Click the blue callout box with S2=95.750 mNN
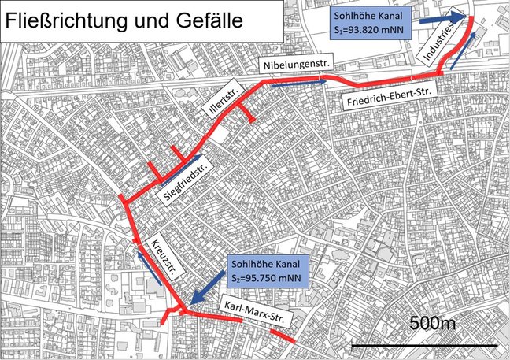(x=269, y=271)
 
